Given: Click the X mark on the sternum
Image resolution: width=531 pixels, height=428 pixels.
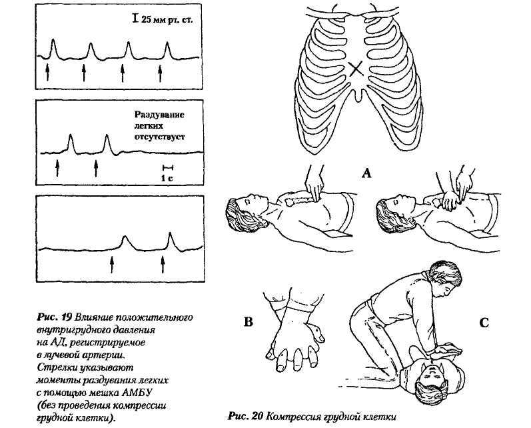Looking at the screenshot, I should [357, 69].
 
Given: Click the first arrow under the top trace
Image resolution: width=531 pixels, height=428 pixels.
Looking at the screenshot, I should [49, 72].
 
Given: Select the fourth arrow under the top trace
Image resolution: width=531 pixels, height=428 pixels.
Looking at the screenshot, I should [160, 72].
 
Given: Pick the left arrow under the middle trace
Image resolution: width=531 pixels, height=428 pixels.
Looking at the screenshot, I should [58, 165].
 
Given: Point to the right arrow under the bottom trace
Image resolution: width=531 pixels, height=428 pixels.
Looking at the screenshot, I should [163, 263].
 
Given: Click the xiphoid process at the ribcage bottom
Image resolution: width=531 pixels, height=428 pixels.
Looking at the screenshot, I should [359, 96].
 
